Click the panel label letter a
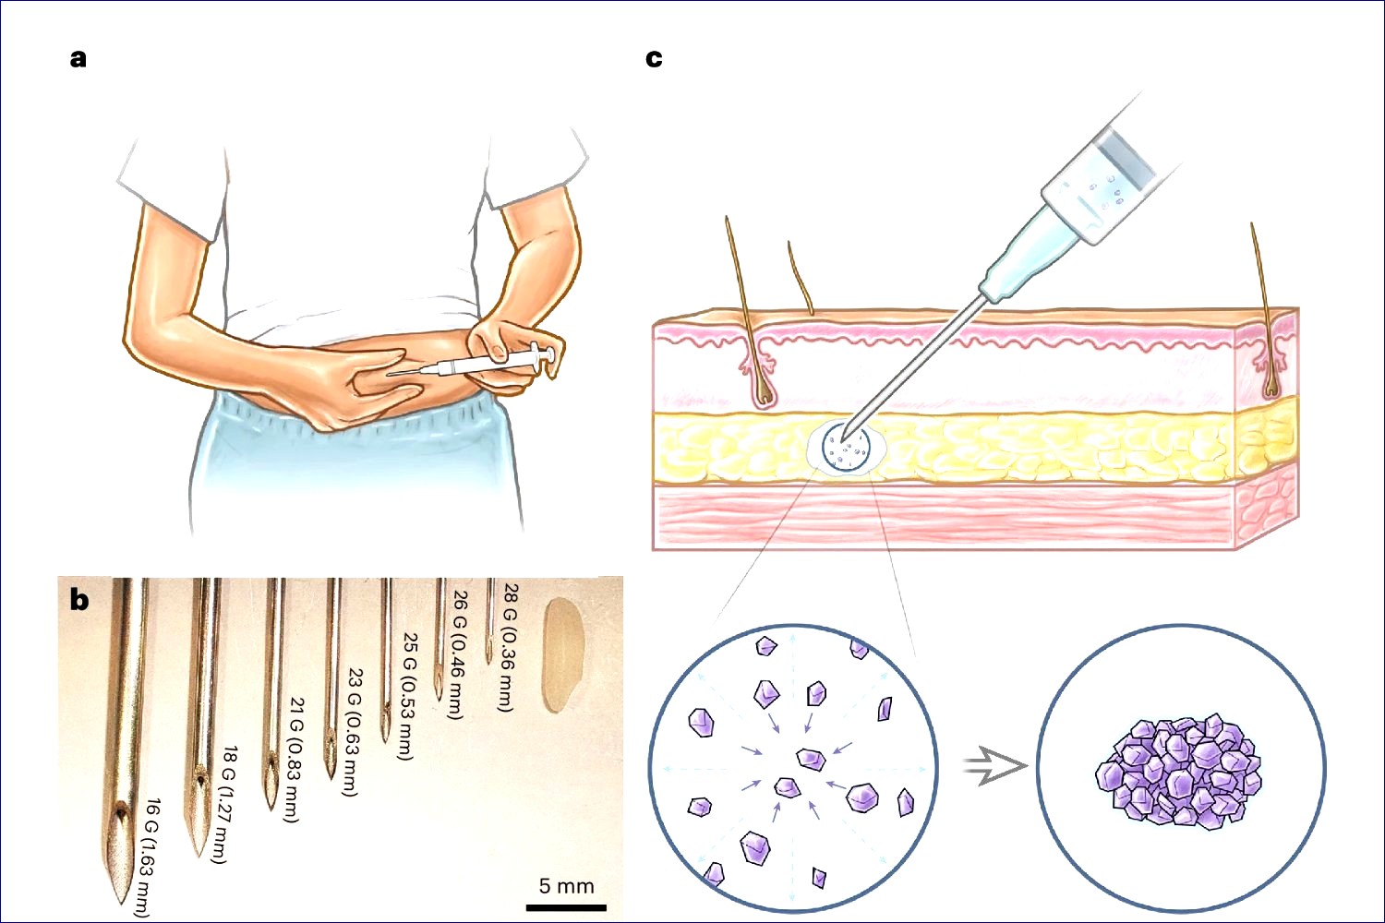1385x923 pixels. coord(78,58)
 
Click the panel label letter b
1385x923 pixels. coord(79,600)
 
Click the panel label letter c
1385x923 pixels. coord(654,58)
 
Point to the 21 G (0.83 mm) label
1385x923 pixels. coord(294,759)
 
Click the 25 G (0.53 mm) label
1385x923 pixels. coord(406,697)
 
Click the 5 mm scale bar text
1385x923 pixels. coord(566,886)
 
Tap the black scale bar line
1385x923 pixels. coord(566,907)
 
